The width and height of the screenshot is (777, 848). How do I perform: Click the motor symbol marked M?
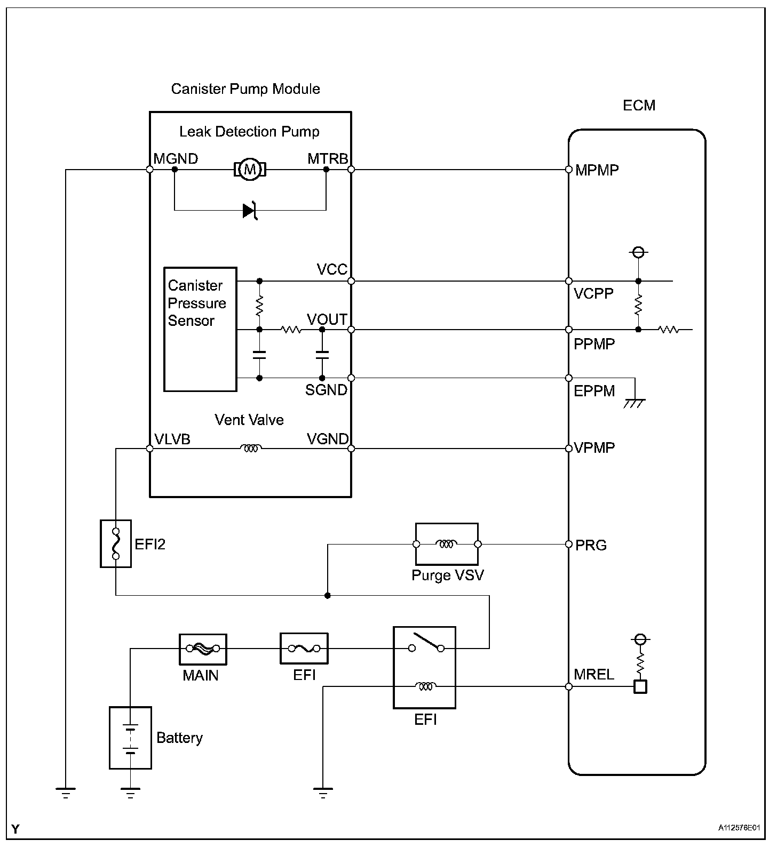(x=250, y=170)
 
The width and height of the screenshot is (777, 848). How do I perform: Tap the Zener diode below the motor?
(x=250, y=211)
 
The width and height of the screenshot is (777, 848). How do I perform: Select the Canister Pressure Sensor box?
(x=200, y=329)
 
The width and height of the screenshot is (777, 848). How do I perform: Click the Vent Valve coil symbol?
(x=250, y=449)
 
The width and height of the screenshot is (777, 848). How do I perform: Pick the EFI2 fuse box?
(x=116, y=543)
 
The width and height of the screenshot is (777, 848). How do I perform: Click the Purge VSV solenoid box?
(x=447, y=544)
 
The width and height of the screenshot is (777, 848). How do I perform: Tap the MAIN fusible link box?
(x=203, y=649)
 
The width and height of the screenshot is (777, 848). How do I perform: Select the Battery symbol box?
(x=130, y=738)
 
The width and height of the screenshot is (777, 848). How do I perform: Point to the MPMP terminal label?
(x=597, y=171)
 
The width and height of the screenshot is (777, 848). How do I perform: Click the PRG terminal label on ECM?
(x=591, y=545)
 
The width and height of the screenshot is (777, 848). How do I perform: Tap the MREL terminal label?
(x=594, y=675)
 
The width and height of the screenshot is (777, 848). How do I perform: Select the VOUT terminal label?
(x=327, y=319)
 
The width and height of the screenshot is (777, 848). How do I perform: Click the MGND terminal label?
(x=176, y=159)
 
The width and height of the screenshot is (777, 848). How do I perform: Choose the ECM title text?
(x=639, y=106)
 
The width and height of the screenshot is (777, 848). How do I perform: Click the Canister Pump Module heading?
(x=245, y=89)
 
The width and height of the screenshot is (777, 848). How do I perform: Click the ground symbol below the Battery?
(x=130, y=793)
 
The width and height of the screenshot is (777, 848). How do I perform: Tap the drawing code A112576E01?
(x=739, y=828)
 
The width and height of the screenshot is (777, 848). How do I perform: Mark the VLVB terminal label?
(x=172, y=439)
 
